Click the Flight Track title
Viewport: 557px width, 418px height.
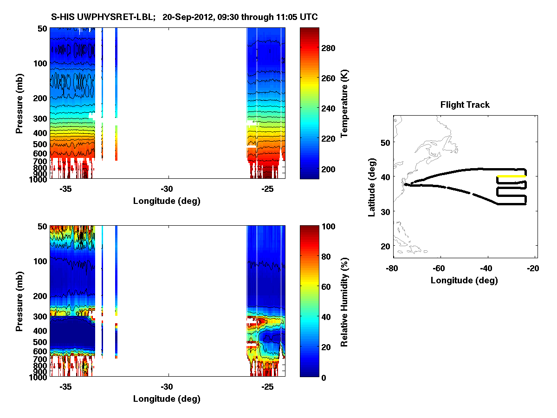coord(465,105)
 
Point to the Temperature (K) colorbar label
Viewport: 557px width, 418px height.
coord(344,103)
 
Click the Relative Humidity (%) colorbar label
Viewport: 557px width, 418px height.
coord(344,301)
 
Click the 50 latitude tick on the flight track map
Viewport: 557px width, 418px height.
coord(384,141)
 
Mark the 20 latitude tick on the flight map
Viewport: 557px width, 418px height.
coord(384,246)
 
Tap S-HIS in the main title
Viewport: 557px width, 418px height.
coord(62,17)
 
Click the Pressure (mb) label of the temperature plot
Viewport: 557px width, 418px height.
coord(19,103)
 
